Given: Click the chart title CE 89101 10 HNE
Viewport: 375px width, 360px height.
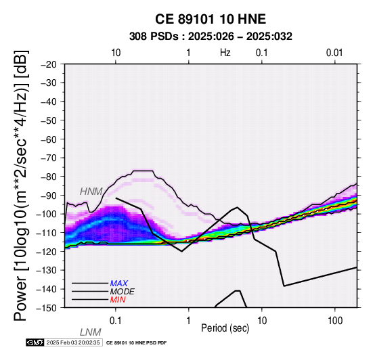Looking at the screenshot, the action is pyautogui.click(x=211, y=19).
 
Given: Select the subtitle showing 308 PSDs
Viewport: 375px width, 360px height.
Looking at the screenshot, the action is pyautogui.click(x=211, y=37).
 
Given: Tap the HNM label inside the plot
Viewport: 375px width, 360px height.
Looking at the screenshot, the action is pyautogui.click(x=91, y=192).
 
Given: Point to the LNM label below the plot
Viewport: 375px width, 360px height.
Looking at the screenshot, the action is pyautogui.click(x=91, y=332).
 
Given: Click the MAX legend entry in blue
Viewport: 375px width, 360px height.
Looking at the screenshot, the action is pyautogui.click(x=119, y=284).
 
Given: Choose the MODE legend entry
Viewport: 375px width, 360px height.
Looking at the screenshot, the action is pyautogui.click(x=123, y=292).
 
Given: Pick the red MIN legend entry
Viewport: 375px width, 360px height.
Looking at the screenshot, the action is pyautogui.click(x=118, y=300).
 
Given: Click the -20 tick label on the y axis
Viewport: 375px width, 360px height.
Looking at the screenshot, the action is pyautogui.click(x=49, y=64).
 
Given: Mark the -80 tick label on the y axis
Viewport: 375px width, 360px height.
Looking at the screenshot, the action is pyautogui.click(x=49, y=177).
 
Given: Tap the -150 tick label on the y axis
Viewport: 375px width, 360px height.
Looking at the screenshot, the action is pyautogui.click(x=47, y=308).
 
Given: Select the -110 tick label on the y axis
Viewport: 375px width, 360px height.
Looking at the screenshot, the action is pyautogui.click(x=47, y=233).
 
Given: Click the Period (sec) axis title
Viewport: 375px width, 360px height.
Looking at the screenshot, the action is pyautogui.click(x=225, y=328).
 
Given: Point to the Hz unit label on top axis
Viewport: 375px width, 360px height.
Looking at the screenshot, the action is pyautogui.click(x=225, y=53).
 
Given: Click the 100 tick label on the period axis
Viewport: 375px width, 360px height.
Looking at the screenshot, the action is pyautogui.click(x=335, y=321).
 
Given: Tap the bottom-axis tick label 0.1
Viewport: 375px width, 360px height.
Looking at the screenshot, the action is pyautogui.click(x=116, y=321).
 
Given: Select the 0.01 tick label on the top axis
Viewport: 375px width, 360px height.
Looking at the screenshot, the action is pyautogui.click(x=334, y=53).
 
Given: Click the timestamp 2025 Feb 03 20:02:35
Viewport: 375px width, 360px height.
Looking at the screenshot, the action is pyautogui.click(x=73, y=342).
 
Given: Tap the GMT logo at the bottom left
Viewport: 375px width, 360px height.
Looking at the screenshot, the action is pyautogui.click(x=35, y=342).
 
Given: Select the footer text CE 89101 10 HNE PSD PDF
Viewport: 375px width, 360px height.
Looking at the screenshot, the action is pyautogui.click(x=136, y=343).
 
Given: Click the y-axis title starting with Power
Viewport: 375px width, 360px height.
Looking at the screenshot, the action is pyautogui.click(x=21, y=185).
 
